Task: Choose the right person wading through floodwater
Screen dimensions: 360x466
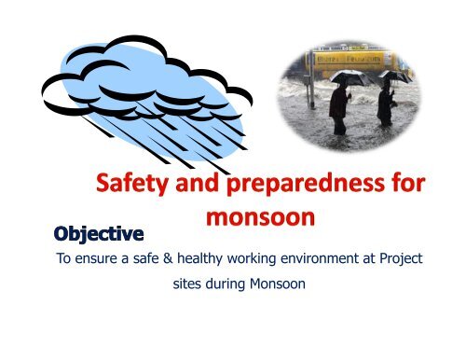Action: (386, 110)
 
